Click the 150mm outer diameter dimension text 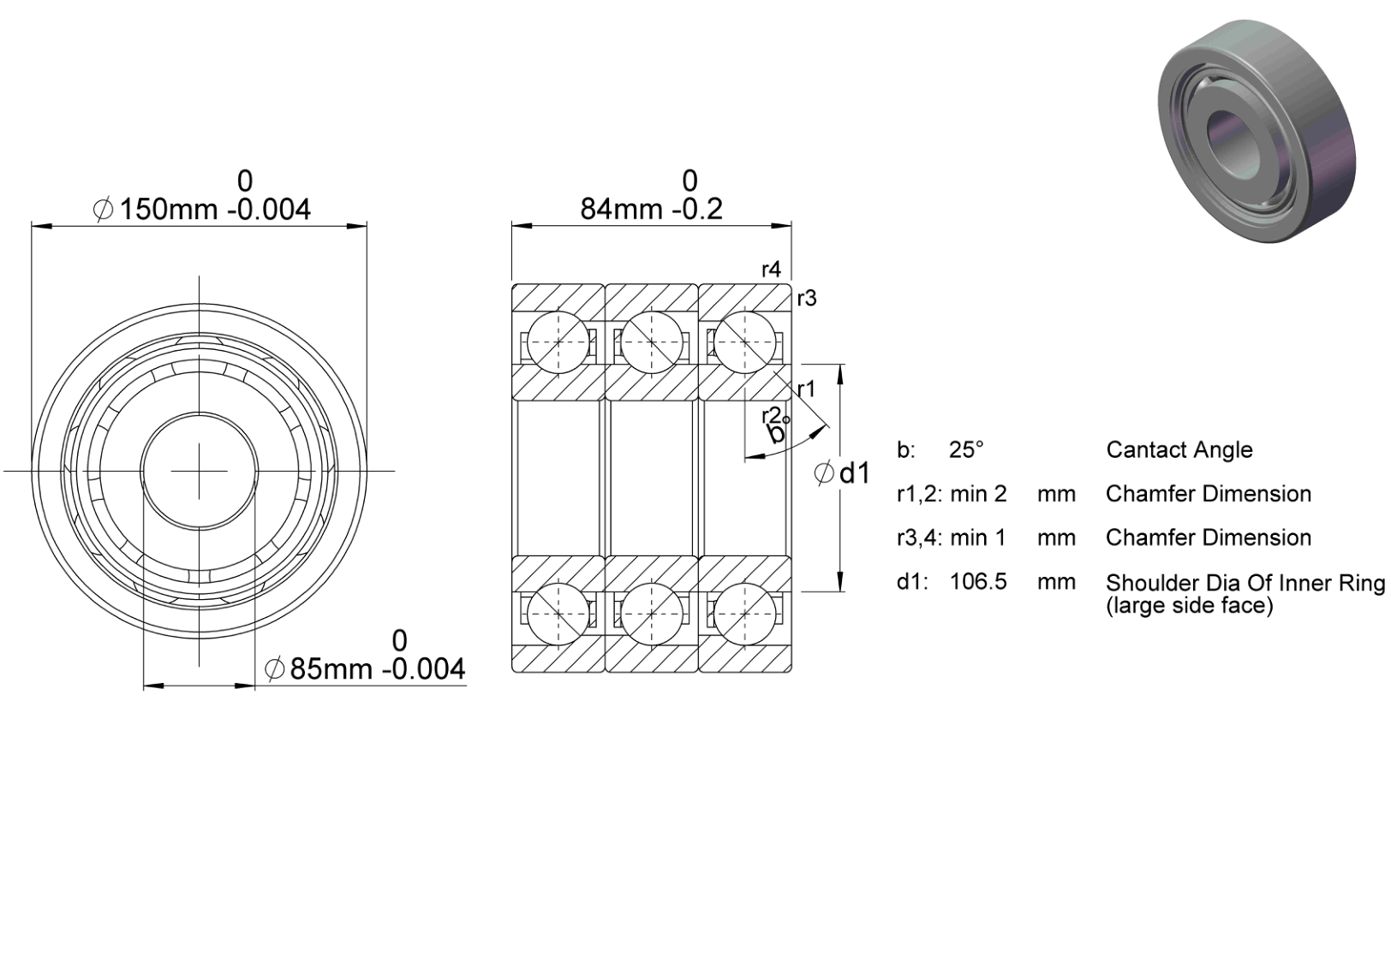[201, 210]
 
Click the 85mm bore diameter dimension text [365, 669]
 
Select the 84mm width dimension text [652, 209]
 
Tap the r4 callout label [771, 270]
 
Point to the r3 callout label [807, 299]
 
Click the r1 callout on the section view [806, 389]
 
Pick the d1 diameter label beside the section [842, 473]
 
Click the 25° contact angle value [966, 450]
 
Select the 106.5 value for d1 [978, 581]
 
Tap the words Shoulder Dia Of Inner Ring [1245, 584]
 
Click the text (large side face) [1190, 605]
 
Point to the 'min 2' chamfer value [978, 494]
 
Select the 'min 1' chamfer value [977, 537]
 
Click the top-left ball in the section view [558, 341]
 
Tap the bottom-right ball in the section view [745, 614]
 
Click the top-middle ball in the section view [652, 341]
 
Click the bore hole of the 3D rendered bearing [1226, 144]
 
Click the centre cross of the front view [200, 471]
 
